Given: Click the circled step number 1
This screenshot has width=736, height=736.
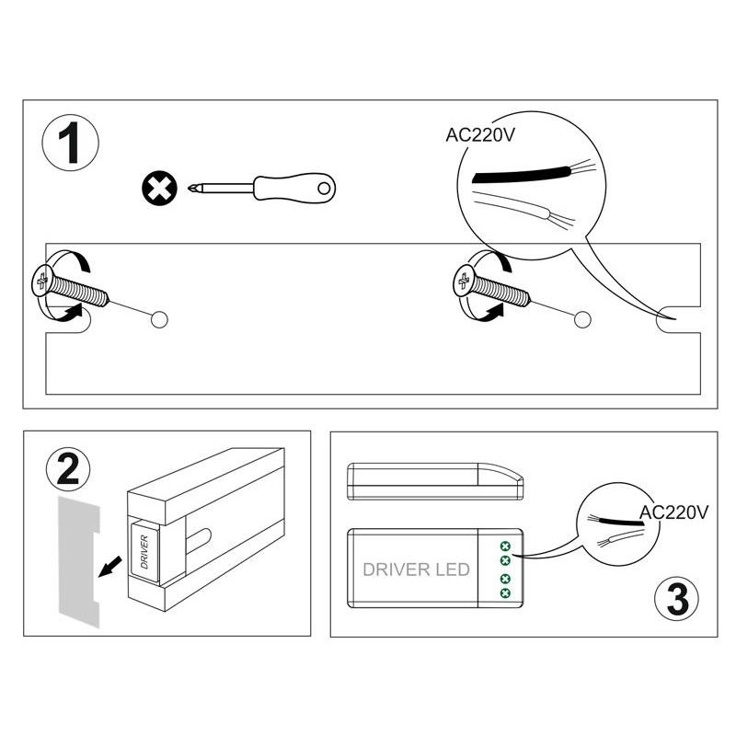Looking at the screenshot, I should pyautogui.click(x=70, y=144).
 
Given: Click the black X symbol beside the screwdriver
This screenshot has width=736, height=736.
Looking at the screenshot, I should pyautogui.click(x=159, y=190).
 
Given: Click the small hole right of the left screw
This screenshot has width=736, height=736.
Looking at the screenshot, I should pyautogui.click(x=159, y=319).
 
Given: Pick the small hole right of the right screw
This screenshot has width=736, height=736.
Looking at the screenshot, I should pyautogui.click(x=581, y=319).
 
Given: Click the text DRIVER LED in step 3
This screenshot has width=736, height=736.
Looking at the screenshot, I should pyautogui.click(x=417, y=569).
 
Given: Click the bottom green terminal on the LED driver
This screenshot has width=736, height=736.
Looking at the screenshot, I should pyautogui.click(x=505, y=593).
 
